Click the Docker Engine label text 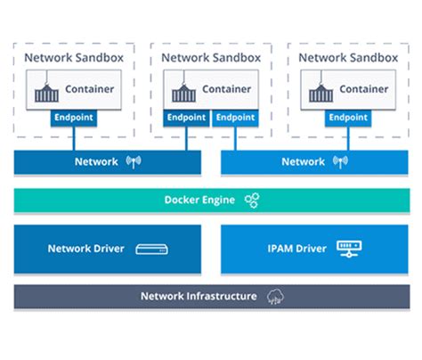199,200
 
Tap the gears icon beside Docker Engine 252,200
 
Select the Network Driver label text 86,249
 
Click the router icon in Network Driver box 152,250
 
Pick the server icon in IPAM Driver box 346,249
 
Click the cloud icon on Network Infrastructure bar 275,297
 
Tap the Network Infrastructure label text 199,297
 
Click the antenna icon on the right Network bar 339,162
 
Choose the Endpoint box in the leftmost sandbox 73,117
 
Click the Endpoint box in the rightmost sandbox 347,117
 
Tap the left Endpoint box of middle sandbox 186,117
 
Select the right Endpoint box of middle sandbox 235,117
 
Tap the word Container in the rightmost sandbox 363,89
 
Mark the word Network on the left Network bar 96,162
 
